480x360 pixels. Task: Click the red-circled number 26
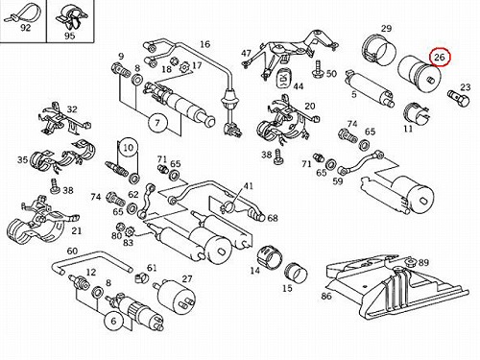click(440, 57)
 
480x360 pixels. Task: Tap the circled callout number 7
click(157, 123)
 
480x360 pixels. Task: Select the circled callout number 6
click(114, 321)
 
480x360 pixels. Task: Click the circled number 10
click(128, 148)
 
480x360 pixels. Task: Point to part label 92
click(26, 28)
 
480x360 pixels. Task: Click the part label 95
click(70, 36)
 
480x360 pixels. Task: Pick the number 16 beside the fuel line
click(204, 44)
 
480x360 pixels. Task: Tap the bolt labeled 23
click(458, 98)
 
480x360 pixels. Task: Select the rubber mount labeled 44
click(283, 77)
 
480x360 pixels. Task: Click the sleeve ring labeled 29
click(379, 51)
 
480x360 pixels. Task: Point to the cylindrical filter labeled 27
click(175, 296)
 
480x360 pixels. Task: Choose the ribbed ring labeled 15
click(296, 273)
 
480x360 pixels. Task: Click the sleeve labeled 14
click(271, 257)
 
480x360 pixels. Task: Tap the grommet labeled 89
click(410, 262)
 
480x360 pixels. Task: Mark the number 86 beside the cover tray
click(326, 297)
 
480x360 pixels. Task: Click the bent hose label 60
click(72, 251)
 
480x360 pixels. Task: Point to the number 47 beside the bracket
click(246, 53)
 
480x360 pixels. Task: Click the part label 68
click(273, 218)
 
